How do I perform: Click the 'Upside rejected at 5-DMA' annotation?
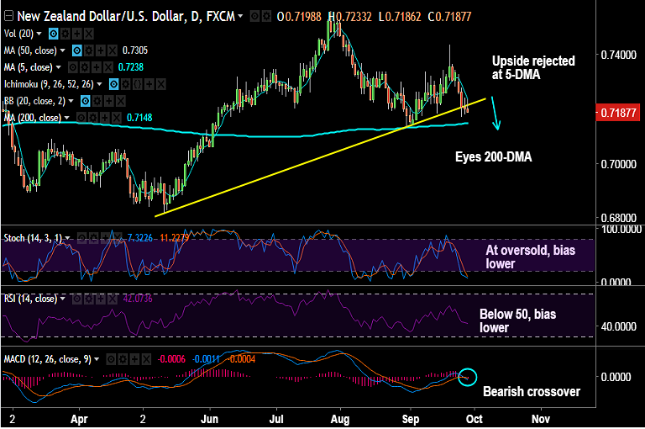point(533,68)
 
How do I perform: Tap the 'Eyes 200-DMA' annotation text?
point(493,156)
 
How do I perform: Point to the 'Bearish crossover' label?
point(531,391)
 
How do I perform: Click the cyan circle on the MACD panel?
point(468,378)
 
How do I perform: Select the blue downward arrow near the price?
point(496,113)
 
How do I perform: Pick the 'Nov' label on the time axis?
point(540,417)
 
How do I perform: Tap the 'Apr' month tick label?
point(79,417)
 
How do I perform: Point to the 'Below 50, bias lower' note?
point(517,320)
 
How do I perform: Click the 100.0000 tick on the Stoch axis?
point(617,228)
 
